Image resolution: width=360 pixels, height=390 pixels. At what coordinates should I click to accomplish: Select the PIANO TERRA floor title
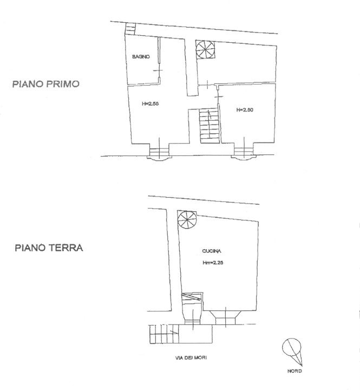pos(49,249)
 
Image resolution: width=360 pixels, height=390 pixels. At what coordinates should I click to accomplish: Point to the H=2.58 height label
pos(150,103)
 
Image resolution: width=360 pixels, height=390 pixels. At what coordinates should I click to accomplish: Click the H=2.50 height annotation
pos(245,110)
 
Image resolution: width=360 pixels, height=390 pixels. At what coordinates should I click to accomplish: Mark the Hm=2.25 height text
pos(213,264)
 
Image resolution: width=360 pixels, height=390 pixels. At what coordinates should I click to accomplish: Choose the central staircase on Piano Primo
pos(207,126)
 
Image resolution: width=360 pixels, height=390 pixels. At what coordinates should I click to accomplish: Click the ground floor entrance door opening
pos(192,314)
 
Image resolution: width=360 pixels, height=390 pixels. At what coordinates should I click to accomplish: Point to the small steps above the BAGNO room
pos(130,28)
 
